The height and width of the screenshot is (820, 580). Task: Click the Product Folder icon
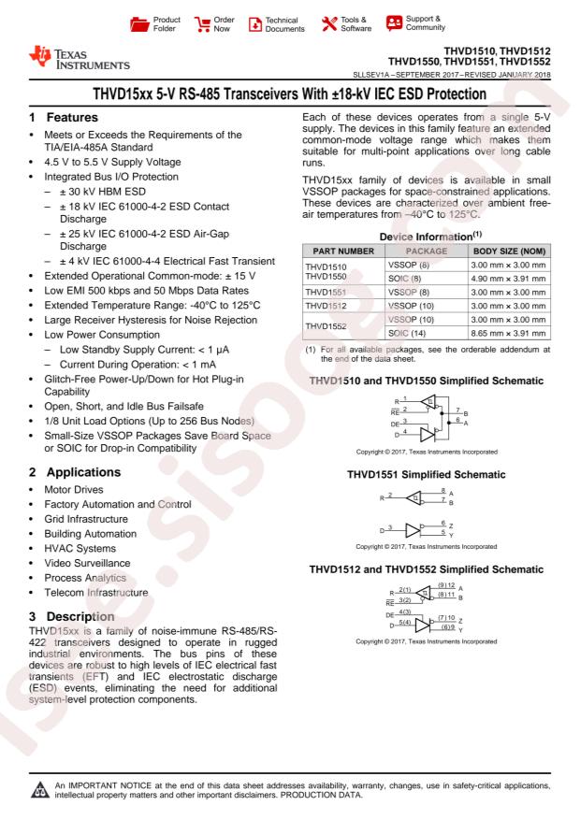click(138, 22)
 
